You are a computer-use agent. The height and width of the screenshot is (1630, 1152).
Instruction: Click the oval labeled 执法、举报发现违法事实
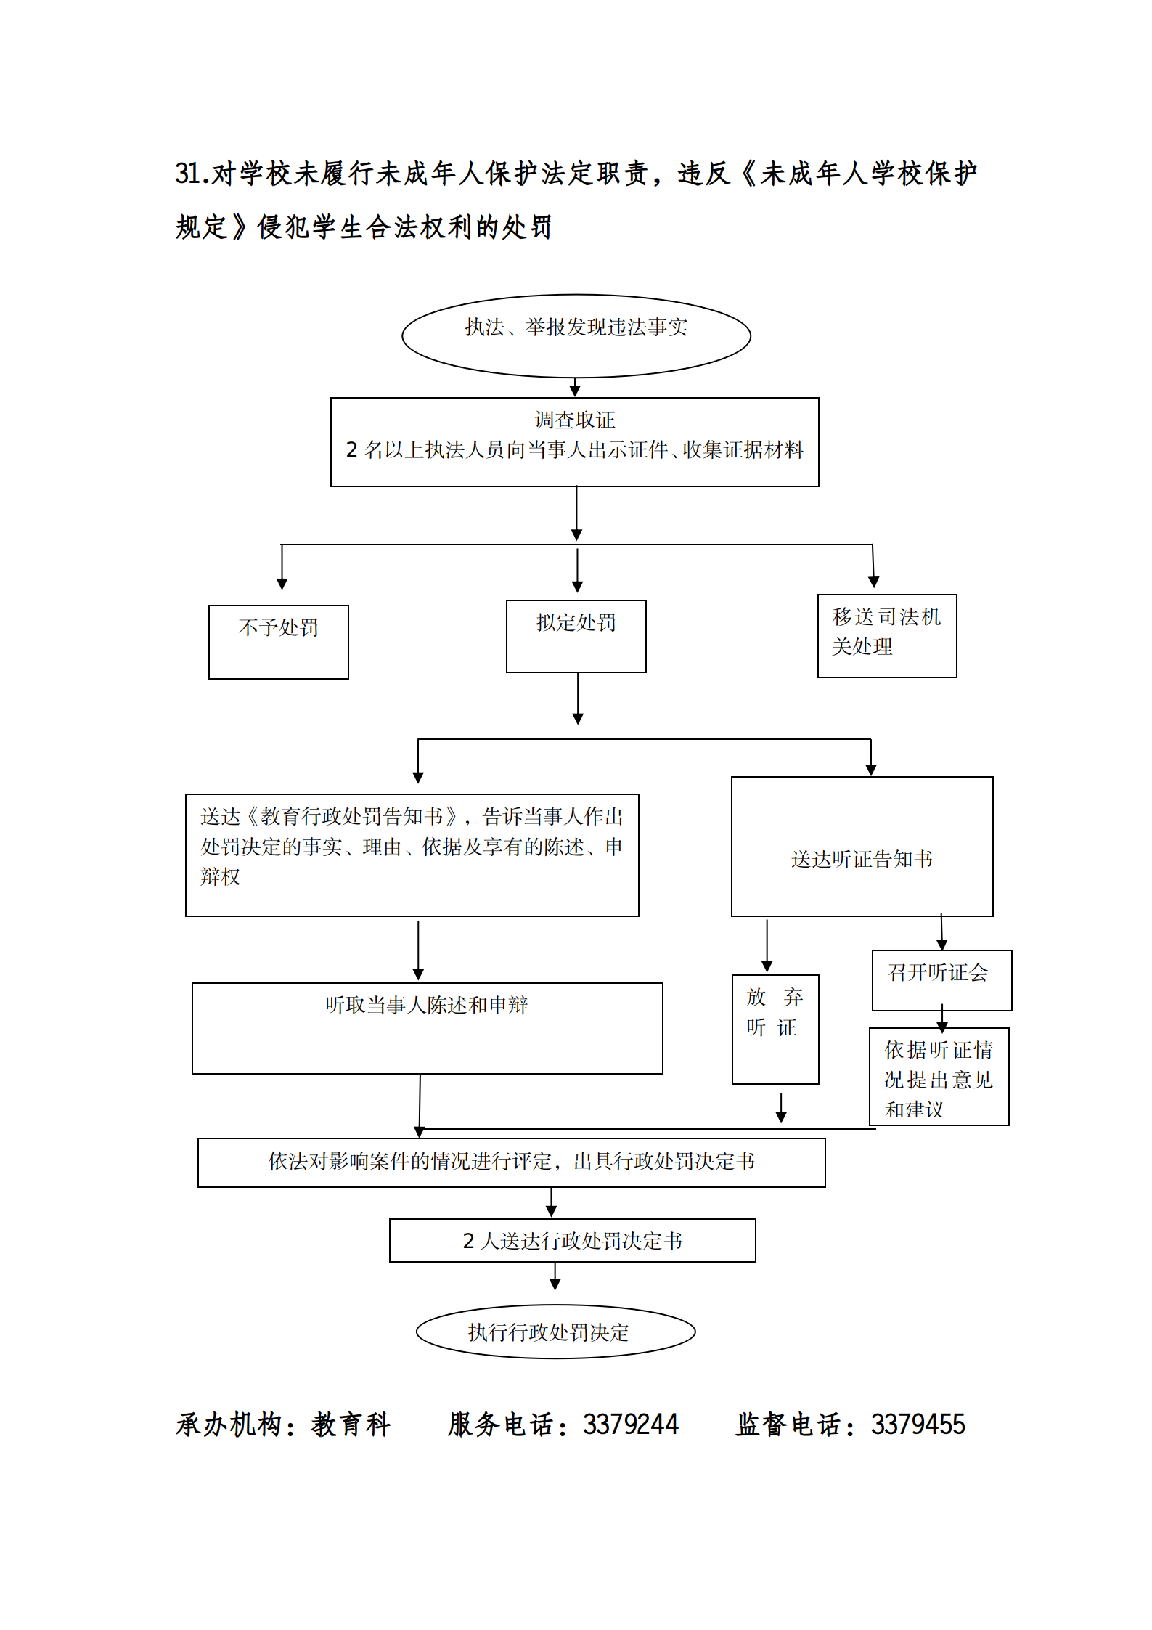click(576, 335)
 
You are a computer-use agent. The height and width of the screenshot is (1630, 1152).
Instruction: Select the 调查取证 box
click(574, 441)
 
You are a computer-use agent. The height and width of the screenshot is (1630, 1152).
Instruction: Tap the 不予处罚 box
click(278, 641)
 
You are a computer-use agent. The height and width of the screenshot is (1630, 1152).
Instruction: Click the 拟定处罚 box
click(576, 635)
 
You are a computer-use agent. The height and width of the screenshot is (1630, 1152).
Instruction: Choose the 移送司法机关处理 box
click(886, 635)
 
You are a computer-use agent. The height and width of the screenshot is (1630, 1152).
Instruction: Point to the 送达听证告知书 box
click(862, 846)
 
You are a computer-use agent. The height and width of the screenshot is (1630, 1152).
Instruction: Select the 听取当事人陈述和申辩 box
click(427, 1027)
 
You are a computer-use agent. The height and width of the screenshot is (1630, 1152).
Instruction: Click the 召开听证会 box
click(941, 979)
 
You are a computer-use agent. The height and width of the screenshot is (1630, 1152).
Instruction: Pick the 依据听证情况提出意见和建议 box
click(939, 1076)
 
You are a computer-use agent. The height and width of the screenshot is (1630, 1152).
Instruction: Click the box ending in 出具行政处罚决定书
click(511, 1162)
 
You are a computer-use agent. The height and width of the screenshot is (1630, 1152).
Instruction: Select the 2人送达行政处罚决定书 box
click(572, 1240)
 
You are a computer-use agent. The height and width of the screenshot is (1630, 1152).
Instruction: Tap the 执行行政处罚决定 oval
click(555, 1332)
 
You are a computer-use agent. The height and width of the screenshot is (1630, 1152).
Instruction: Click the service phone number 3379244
click(630, 1425)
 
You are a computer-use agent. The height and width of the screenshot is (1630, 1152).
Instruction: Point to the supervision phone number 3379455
click(918, 1425)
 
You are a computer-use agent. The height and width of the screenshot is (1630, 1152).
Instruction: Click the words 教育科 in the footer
click(351, 1425)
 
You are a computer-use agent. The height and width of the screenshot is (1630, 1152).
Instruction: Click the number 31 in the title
click(187, 174)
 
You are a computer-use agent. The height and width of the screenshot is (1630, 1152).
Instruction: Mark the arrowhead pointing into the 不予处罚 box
click(282, 584)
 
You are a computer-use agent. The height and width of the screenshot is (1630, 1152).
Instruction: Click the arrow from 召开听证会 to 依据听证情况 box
click(941, 1020)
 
